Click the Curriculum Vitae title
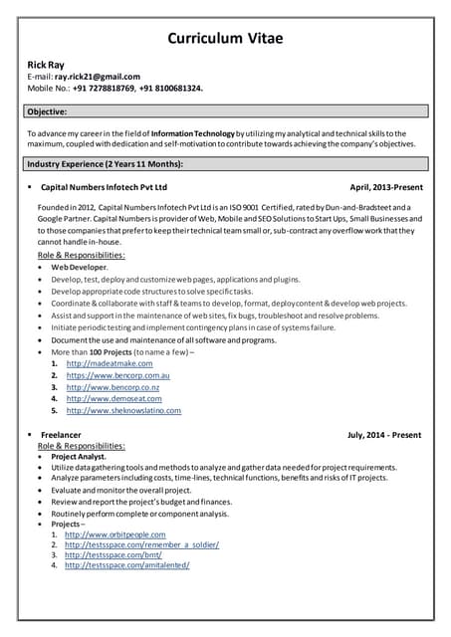tap(225, 39)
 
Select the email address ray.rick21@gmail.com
tap(97, 77)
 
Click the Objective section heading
tap(48, 111)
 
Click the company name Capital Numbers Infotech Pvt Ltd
tap(104, 187)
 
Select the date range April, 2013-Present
tap(385, 187)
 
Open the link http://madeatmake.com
tap(110, 364)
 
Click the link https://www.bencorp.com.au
tap(117, 376)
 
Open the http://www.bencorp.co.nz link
tap(113, 387)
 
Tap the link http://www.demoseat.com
tap(113, 399)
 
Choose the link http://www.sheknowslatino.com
tap(123, 411)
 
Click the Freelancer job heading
tap(61, 435)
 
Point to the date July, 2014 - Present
tap(383, 435)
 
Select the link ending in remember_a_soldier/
tap(141, 544)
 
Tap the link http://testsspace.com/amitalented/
tap(126, 566)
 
